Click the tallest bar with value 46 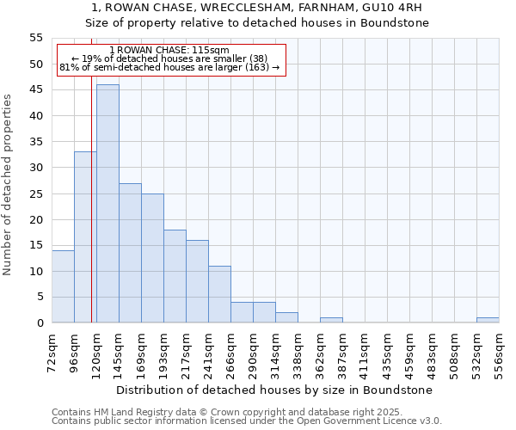pyautogui.click(x=107, y=204)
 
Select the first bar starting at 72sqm pyautogui.click(x=63, y=286)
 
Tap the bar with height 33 pyautogui.click(x=85, y=237)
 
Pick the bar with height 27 pyautogui.click(x=130, y=253)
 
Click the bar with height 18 pyautogui.click(x=175, y=276)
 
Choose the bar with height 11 pyautogui.click(x=219, y=294)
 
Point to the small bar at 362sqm pyautogui.click(x=331, y=320)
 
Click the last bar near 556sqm pyautogui.click(x=488, y=320)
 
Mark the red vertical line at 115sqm pyautogui.click(x=91, y=215)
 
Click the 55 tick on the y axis pyautogui.click(x=36, y=38)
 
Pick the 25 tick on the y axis pyautogui.click(x=36, y=193)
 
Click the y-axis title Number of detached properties pyautogui.click(x=8, y=184)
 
